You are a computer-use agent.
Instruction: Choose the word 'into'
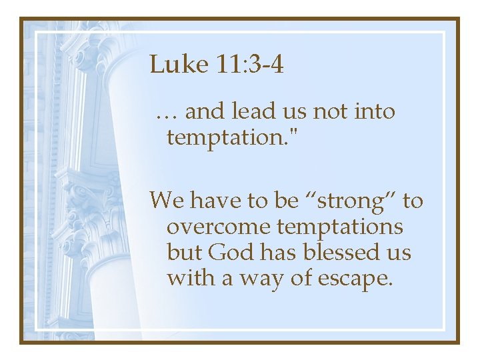pyautogui.click(x=376, y=112)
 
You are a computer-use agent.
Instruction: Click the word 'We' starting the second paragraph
pyautogui.click(x=167, y=199)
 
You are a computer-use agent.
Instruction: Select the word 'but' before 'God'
pyautogui.click(x=184, y=253)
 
